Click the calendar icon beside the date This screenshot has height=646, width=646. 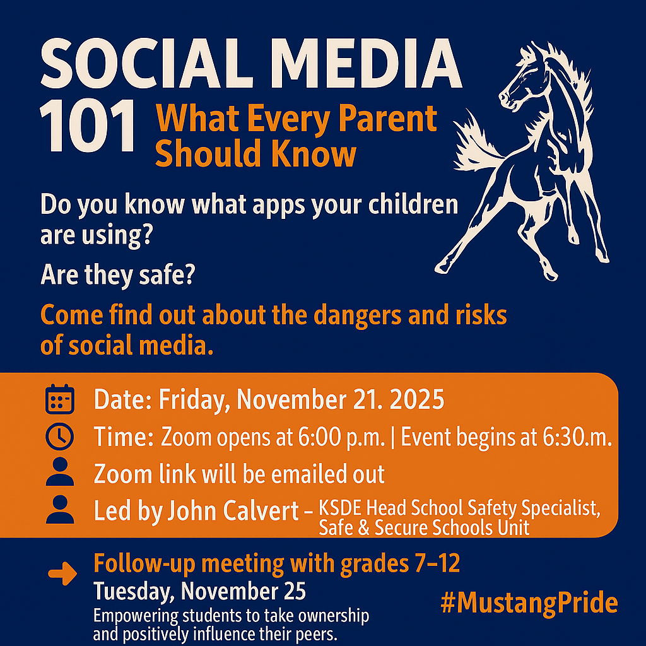pyautogui.click(x=60, y=399)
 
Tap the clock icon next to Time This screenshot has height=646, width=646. pyautogui.click(x=60, y=435)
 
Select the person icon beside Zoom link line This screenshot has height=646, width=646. pyautogui.click(x=60, y=473)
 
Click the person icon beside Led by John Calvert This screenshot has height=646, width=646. pyautogui.click(x=60, y=510)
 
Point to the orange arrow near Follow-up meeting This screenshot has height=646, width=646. pyautogui.click(x=62, y=573)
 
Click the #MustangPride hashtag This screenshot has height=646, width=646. pyautogui.click(x=529, y=603)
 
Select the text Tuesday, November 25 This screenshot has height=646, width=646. pyautogui.click(x=200, y=592)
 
